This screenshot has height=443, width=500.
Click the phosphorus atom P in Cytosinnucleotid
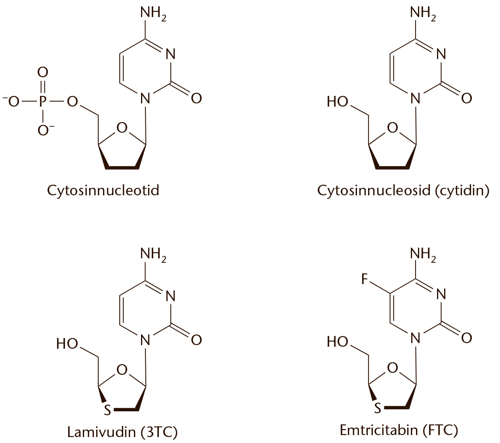43,102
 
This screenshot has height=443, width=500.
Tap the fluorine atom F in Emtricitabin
365,279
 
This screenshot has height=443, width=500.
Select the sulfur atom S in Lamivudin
107,410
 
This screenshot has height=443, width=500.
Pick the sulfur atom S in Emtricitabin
377,408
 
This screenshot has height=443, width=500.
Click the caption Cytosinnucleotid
103,190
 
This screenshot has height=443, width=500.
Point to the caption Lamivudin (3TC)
122,432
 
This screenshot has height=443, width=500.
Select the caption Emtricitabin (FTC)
399,430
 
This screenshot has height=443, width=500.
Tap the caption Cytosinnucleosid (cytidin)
403,190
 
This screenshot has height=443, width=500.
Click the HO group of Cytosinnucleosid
338,102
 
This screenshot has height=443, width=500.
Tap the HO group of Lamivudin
67,343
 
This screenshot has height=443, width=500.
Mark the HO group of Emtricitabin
338,342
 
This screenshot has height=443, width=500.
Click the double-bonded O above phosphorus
43,73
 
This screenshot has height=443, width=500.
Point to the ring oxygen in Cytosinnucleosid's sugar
392,128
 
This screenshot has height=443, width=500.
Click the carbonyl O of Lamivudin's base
197,340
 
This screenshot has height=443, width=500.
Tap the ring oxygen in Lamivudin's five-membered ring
122,369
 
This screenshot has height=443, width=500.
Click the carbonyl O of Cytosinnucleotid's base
197,98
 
